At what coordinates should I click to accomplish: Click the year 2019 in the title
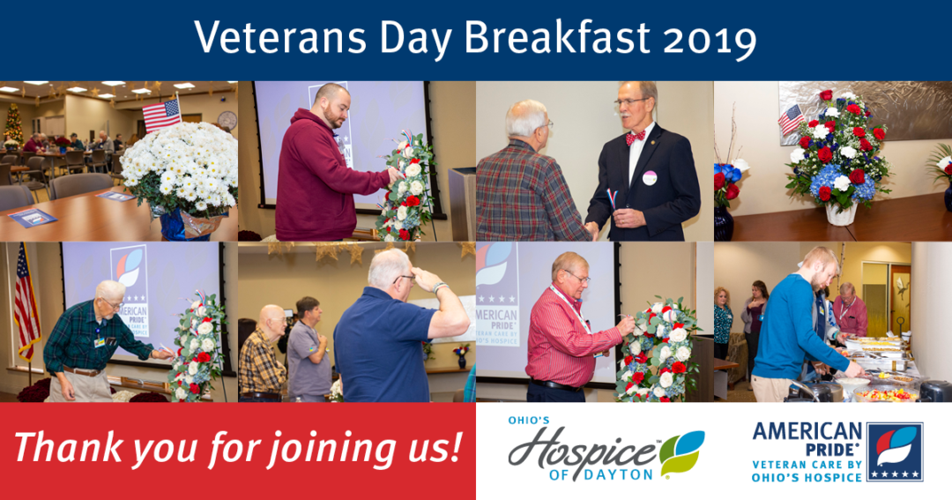click(710, 39)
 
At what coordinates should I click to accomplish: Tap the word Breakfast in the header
click(557, 38)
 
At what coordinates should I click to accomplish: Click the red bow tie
click(635, 138)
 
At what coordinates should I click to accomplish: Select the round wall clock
click(227, 120)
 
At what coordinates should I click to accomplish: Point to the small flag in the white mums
click(161, 114)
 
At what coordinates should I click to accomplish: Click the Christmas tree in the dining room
click(12, 124)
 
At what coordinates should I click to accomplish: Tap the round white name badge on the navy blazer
click(650, 178)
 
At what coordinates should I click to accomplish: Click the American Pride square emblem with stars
click(895, 452)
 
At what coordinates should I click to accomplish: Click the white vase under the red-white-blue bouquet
click(841, 213)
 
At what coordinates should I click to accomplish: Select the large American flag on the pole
click(26, 301)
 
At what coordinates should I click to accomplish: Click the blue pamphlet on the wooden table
click(33, 217)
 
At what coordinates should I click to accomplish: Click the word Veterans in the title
click(280, 38)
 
